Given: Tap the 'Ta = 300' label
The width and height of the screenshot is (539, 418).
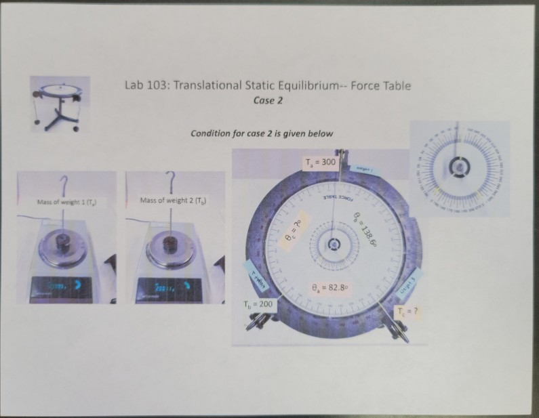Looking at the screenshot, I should (x=319, y=163).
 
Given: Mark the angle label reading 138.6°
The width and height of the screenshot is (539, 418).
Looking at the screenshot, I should (x=365, y=227).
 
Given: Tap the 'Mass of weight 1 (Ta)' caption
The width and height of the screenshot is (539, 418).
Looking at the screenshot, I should (x=61, y=201).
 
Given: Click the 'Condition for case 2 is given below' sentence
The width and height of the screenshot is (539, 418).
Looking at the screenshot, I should (x=262, y=133).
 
